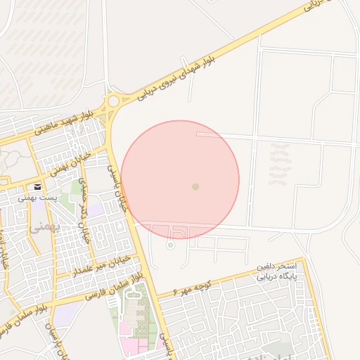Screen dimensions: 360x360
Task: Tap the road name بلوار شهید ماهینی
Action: [x=63, y=122]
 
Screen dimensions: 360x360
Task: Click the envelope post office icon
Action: [x=37, y=187]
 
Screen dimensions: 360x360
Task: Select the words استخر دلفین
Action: [x=281, y=267]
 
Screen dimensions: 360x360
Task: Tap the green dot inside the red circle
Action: [x=195, y=186]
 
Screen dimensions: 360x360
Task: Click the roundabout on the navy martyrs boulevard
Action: [x=112, y=102]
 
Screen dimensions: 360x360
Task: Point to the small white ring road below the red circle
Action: [x=169, y=245]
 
